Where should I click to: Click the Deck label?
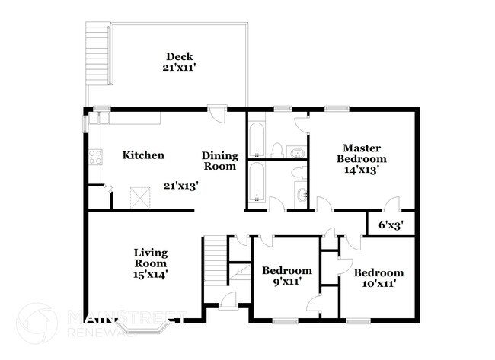pos(179,56)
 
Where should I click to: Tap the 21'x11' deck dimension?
pos(179,68)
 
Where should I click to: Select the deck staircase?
pos(98,53)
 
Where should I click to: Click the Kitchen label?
pos(143,155)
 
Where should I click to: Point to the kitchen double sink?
pos(99,118)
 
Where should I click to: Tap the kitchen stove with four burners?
pos(95,157)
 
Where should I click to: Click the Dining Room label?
pos(220,161)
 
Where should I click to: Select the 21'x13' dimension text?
pos(181,186)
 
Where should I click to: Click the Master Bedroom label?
pos(362,153)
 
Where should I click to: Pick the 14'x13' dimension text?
pos(362,170)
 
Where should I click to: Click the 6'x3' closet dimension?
pos(391,225)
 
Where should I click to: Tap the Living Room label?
pos(151,258)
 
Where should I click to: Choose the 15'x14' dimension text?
pos(150,275)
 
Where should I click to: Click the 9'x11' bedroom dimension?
pos(286,281)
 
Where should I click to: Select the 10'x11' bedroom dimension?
pos(378,283)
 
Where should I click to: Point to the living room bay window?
pos(144,327)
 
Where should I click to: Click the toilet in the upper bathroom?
pos(277,150)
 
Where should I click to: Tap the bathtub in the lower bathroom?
pos(256,182)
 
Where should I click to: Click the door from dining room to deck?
pos(217,113)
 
